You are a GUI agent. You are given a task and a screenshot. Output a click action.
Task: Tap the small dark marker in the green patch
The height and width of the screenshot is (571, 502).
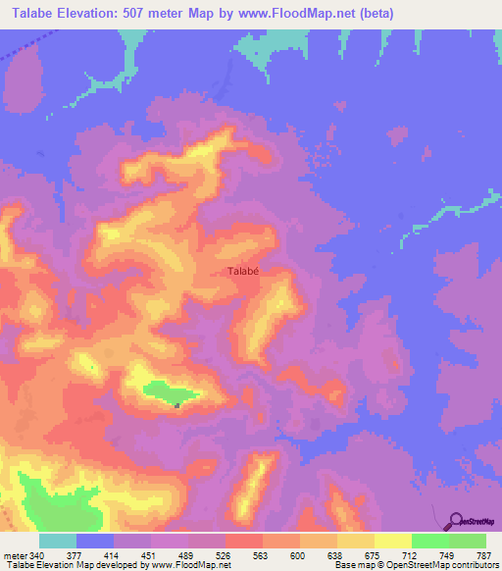176,403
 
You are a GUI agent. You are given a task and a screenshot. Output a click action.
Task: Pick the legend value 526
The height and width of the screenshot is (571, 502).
226,554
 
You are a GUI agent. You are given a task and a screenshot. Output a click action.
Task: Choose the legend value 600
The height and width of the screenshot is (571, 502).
299,554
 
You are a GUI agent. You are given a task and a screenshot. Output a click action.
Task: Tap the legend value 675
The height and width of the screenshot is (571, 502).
374,554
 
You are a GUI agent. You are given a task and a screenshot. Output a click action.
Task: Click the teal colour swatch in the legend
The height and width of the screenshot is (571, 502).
58,541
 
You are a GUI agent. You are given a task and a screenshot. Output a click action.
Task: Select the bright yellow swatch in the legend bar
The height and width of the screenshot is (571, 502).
392,541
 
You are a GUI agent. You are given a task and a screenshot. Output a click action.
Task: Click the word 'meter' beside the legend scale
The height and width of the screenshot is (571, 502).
14,554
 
